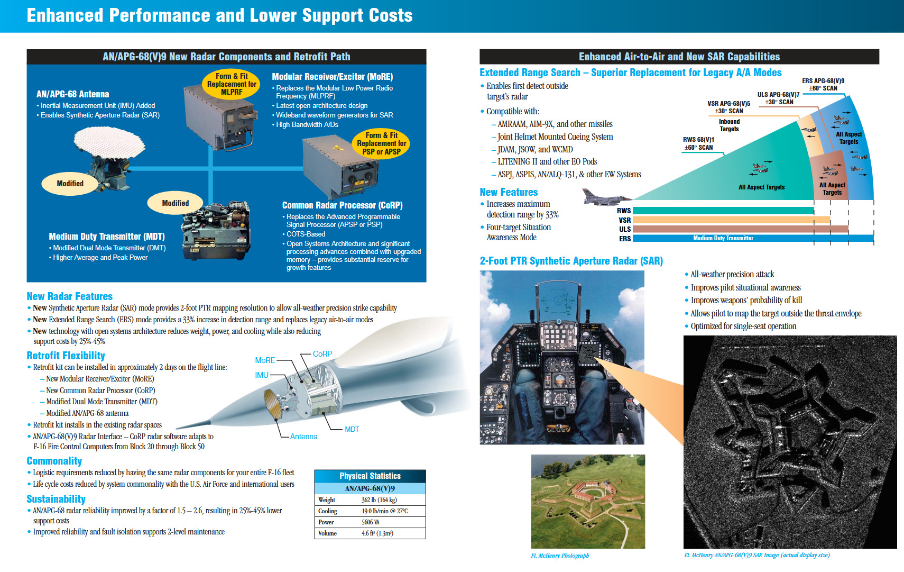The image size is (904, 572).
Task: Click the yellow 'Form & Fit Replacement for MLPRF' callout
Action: point(232,84)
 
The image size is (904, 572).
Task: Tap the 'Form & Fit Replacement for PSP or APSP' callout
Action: point(381,143)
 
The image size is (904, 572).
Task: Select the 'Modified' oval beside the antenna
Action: point(70,184)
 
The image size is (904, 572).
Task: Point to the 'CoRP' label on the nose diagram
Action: point(322,354)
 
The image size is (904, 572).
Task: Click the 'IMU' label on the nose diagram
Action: point(262,375)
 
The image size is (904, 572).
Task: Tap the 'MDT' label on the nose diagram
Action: point(352,429)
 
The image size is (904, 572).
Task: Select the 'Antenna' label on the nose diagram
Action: point(303,437)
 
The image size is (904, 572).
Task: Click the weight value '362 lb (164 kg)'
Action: point(379,500)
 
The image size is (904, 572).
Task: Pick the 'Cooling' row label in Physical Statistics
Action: point(327,511)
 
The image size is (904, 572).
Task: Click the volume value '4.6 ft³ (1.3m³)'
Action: point(377,533)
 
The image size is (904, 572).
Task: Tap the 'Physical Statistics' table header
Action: point(370,476)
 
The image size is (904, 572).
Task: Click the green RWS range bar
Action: point(723,211)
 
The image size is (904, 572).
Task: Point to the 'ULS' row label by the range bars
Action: point(625,229)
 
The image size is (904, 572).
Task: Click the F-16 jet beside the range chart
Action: point(606,197)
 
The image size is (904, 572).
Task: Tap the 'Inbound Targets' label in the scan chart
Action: point(729,125)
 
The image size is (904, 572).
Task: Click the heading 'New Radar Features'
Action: point(70,296)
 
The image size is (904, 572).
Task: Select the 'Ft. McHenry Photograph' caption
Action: point(560,556)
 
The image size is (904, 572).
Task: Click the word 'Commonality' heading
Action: point(54,461)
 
